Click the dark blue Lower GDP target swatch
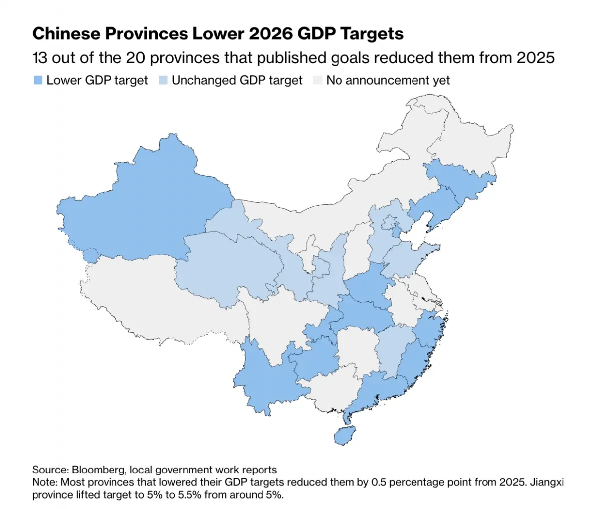[38, 80]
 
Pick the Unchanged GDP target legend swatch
[163, 80]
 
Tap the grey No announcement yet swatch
[318, 80]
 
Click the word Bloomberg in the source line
[98, 469]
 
